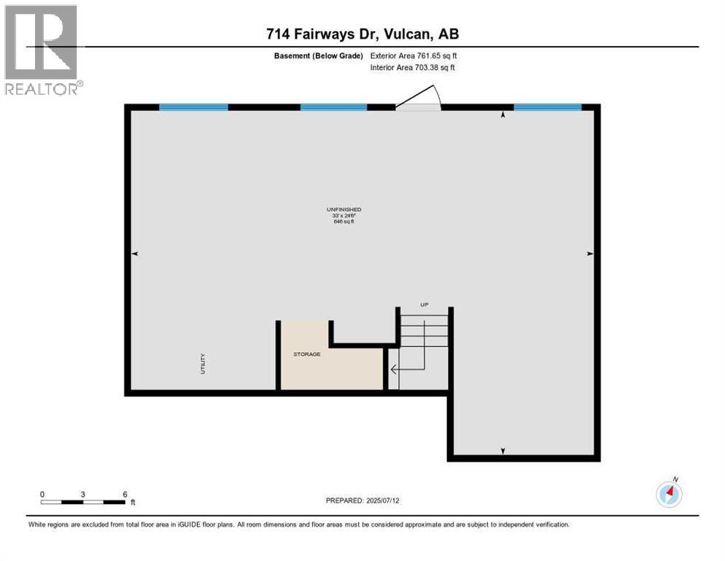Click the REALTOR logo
pos(41,50)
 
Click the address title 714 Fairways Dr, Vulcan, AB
pos(362,34)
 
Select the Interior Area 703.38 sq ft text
pos(416,68)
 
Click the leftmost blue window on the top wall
pos(193,107)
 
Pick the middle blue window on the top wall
pos(333,107)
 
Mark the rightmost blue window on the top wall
pos(547,107)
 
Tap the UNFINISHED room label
pos(344,210)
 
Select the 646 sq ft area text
pos(344,221)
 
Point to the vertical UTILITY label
pos(203,364)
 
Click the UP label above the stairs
pos(424,304)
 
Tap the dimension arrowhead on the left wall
pos(135,253)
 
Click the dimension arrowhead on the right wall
pos(590,253)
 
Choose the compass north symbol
pos(669,494)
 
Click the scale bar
pos(83,502)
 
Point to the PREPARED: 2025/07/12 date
pos(362,500)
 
